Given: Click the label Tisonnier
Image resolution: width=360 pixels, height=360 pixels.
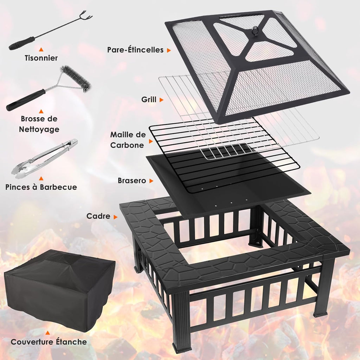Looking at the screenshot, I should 41,58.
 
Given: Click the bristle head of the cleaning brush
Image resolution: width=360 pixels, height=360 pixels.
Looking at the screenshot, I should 76,78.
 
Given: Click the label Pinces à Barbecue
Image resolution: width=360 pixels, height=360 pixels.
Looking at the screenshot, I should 41,187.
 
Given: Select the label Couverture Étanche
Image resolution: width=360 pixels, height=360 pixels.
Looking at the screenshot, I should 49,342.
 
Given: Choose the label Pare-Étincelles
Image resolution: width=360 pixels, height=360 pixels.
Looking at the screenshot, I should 135,50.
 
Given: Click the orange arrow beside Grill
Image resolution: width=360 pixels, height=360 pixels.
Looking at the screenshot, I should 161,100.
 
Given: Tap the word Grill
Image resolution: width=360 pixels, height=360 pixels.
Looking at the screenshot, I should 149,99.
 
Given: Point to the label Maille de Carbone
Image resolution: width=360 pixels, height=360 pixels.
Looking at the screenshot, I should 128,140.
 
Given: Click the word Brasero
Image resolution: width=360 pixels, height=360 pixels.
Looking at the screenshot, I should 132,181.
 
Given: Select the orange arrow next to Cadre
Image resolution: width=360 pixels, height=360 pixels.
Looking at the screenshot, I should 115,217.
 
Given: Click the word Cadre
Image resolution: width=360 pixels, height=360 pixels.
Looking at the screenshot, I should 98,217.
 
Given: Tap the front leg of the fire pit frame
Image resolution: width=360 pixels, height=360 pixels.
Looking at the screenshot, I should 181,322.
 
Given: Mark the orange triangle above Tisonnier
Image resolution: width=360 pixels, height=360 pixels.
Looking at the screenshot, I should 41,50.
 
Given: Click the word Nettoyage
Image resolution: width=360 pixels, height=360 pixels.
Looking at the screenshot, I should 39,129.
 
